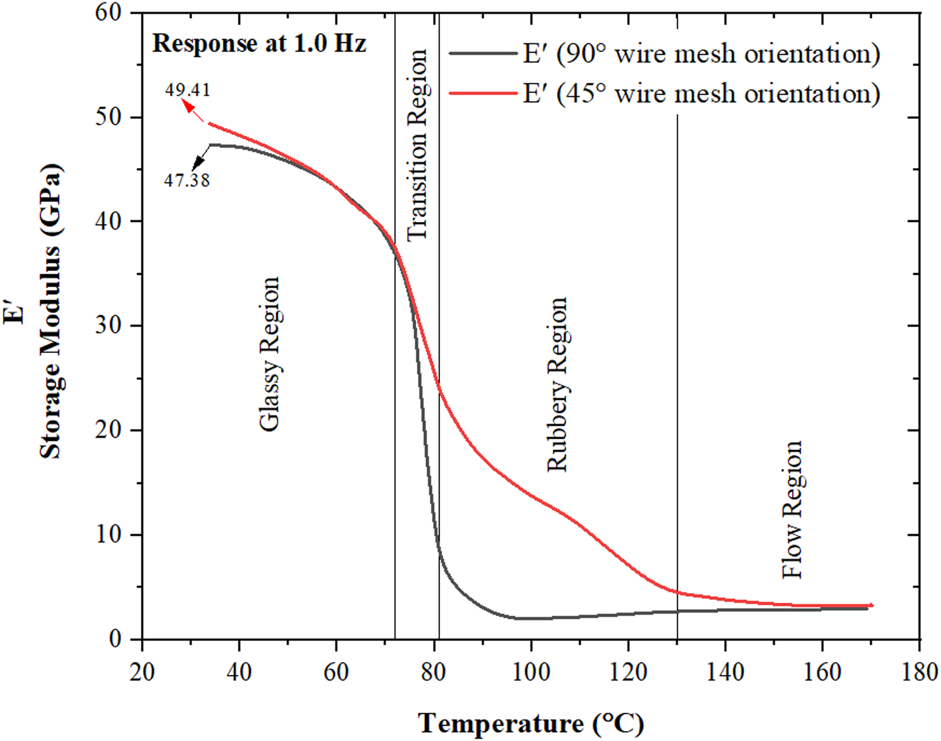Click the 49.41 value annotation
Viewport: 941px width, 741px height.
click(187, 90)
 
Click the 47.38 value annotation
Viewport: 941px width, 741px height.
click(187, 180)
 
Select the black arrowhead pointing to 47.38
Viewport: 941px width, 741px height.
click(198, 163)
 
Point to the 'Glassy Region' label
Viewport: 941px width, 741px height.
click(269, 354)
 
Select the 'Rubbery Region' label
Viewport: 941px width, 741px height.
click(557, 384)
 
